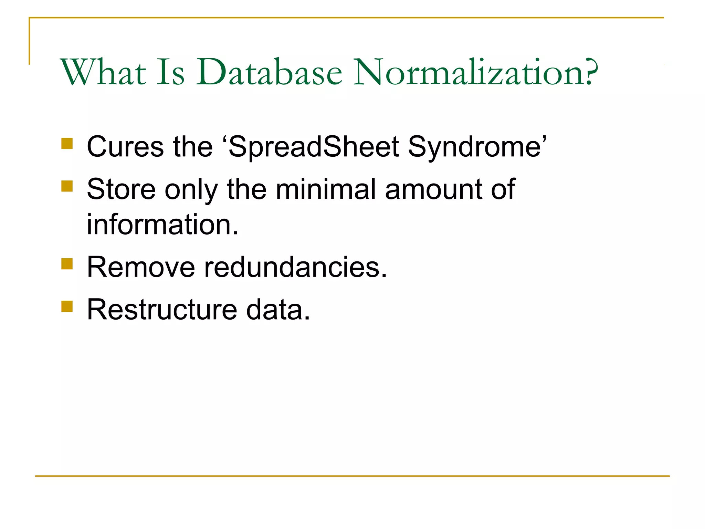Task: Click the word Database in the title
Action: [269, 72]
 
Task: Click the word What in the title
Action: [103, 72]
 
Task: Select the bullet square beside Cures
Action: [67, 143]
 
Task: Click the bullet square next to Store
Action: [67, 186]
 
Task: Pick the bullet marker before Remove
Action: [67, 264]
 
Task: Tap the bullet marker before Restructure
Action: [67, 306]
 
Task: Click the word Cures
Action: [125, 147]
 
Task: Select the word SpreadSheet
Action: [314, 147]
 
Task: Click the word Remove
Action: [141, 267]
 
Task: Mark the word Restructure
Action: [162, 310]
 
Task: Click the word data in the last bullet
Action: [275, 310]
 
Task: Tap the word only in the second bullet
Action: [191, 190]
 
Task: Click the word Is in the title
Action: [171, 72]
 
